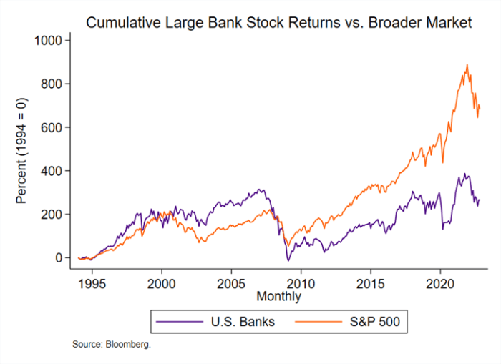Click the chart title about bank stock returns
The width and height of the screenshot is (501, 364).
point(278,23)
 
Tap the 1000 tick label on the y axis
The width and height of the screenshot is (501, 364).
point(48,41)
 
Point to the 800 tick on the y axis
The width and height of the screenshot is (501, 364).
point(52,84)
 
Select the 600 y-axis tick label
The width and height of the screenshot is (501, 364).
point(52,127)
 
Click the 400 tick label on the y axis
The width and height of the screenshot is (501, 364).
point(52,171)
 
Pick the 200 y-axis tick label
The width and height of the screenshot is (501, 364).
point(52,215)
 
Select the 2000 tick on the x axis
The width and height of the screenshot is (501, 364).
point(161,282)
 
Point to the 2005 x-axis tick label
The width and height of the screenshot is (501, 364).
point(230,282)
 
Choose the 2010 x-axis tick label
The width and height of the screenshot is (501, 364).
point(300,282)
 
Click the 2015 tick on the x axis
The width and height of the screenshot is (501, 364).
point(370,282)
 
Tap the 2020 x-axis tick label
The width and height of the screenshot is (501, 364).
point(439,282)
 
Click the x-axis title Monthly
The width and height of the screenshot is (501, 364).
point(278,296)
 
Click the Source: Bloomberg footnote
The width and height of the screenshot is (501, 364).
point(111,345)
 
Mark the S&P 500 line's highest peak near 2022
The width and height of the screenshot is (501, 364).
point(467,64)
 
